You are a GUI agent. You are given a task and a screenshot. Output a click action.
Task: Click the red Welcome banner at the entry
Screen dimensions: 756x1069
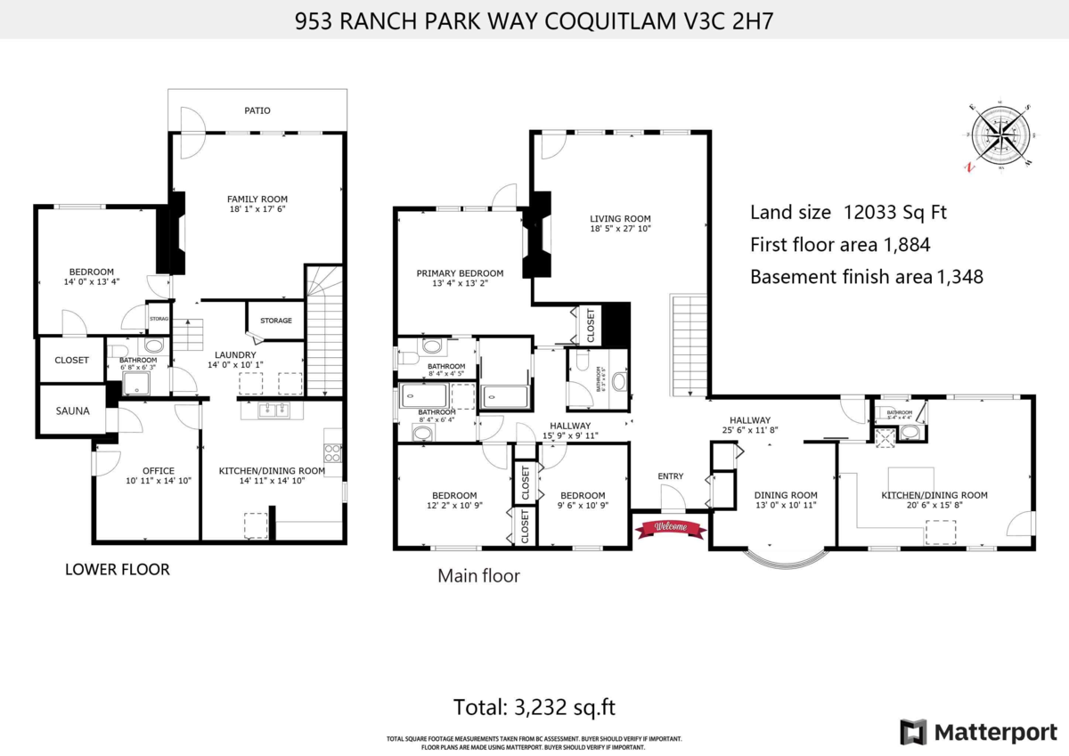tap(670, 528)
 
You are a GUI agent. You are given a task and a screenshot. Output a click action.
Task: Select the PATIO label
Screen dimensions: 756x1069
tap(257, 110)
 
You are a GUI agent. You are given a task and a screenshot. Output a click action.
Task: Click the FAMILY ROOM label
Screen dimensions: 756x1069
tap(257, 199)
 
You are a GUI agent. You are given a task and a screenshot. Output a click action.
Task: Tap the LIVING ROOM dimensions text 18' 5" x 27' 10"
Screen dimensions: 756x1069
tap(620, 230)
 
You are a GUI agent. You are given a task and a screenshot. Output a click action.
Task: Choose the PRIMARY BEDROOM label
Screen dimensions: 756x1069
tap(460, 273)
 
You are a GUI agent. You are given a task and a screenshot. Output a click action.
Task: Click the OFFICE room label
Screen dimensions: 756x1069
tap(159, 470)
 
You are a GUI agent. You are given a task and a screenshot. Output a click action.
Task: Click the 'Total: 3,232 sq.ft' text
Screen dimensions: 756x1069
tap(534, 708)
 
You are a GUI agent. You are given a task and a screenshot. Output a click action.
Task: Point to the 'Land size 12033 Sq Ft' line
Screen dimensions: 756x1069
tap(848, 212)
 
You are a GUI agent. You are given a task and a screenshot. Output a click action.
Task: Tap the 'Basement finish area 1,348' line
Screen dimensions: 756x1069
tap(866, 276)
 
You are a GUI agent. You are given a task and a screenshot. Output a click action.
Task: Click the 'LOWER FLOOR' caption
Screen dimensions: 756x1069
tap(117, 569)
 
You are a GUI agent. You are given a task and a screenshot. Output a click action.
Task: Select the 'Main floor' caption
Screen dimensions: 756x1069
tap(478, 576)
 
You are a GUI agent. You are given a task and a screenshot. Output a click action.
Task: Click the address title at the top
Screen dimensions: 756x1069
tap(534, 21)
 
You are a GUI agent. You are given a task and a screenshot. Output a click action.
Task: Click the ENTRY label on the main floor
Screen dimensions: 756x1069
tap(670, 476)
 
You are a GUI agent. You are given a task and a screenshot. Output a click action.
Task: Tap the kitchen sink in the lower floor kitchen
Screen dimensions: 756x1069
tap(273, 411)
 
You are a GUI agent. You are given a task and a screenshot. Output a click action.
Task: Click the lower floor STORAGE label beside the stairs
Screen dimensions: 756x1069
tap(275, 321)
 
